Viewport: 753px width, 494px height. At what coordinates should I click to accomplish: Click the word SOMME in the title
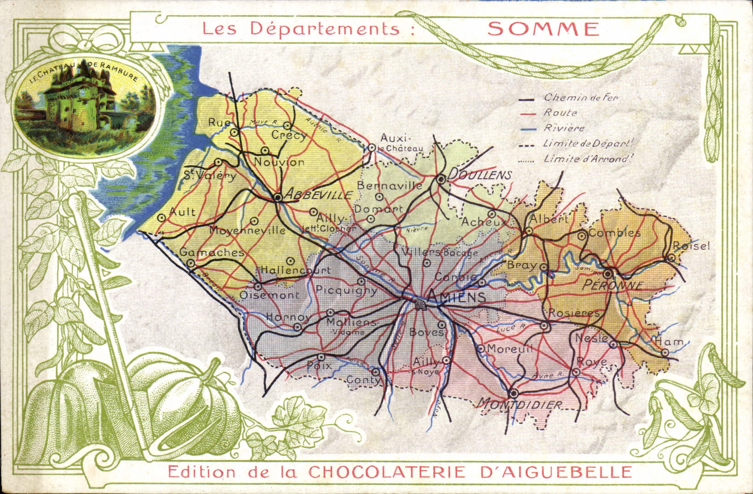pyautogui.click(x=543, y=29)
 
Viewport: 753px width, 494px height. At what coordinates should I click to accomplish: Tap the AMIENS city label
pyautogui.click(x=456, y=297)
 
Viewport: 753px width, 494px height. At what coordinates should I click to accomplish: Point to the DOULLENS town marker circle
pyautogui.click(x=441, y=179)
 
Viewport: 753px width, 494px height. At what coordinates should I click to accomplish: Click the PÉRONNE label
pyautogui.click(x=612, y=285)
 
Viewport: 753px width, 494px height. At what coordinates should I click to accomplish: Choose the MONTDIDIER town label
pyautogui.click(x=520, y=405)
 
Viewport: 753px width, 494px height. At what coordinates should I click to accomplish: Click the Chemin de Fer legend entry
pyautogui.click(x=581, y=98)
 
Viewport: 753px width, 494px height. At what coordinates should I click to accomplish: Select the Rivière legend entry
pyautogui.click(x=564, y=128)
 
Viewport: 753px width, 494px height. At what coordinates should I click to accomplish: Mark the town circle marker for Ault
pyautogui.click(x=161, y=218)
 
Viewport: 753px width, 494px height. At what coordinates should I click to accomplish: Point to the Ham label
pyautogui.click(x=669, y=341)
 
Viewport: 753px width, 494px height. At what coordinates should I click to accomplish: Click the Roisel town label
pyautogui.click(x=691, y=246)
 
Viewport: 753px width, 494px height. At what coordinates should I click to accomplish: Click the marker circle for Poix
pyautogui.click(x=322, y=357)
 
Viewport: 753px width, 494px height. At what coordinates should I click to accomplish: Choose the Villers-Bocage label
pyautogui.click(x=439, y=253)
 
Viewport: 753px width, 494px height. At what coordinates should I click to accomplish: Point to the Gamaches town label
pyautogui.click(x=212, y=252)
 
